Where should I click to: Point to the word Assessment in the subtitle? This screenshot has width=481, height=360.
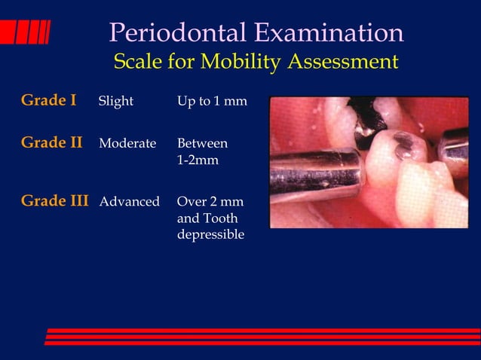(x=343, y=62)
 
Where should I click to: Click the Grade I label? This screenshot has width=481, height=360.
(x=49, y=100)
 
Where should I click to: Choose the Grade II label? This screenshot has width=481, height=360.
(x=51, y=142)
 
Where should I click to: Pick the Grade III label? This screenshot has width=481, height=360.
(x=54, y=201)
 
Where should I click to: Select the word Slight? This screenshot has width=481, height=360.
(x=115, y=102)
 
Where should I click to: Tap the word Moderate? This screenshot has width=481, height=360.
(x=127, y=143)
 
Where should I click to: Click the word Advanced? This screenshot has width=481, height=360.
(x=129, y=202)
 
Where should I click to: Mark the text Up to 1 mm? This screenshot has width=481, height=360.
(x=211, y=102)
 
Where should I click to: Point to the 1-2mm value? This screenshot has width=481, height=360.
(x=198, y=160)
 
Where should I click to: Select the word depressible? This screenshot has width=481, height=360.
(x=210, y=235)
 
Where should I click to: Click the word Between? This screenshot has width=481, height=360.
(x=202, y=143)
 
